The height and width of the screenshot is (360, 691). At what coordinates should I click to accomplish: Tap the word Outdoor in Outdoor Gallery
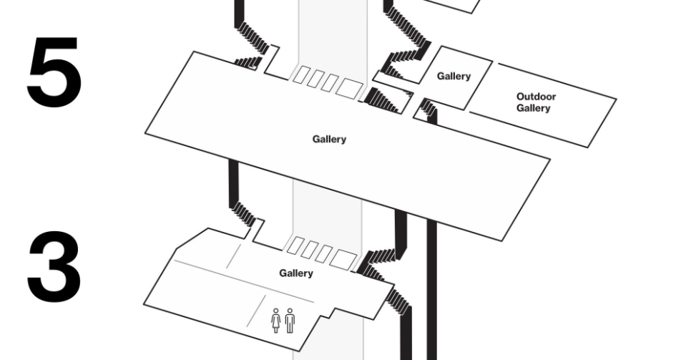(536, 97)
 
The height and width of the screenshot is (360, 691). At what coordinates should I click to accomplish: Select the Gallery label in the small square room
(454, 77)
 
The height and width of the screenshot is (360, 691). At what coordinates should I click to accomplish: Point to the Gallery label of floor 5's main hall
(329, 140)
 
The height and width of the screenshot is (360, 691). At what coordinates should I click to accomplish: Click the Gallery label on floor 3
(296, 273)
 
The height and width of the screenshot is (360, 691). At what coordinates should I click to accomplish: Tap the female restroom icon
(276, 321)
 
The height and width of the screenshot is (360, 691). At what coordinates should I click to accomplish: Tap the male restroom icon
(290, 321)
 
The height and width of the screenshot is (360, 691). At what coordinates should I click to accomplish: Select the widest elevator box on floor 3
(343, 259)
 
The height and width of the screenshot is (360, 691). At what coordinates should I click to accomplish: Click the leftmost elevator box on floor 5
(300, 74)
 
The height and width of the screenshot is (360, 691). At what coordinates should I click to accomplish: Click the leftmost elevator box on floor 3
(295, 245)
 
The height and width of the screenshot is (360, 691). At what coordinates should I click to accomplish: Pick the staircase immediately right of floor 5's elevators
(382, 101)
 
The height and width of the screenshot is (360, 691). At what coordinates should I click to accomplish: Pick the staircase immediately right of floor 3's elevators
(376, 264)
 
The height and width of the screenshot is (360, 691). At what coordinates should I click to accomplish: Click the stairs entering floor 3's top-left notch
(242, 213)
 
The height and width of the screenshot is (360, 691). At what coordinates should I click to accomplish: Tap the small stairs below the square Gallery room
(428, 109)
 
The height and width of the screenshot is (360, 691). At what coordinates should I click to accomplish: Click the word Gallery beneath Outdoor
(533, 109)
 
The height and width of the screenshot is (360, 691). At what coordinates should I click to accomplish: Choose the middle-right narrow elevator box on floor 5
(329, 83)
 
